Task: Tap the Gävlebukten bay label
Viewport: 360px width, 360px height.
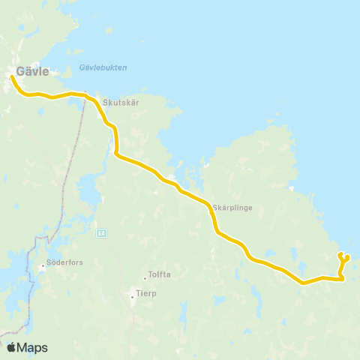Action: pos(103,68)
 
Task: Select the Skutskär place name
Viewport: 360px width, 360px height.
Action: pos(118,106)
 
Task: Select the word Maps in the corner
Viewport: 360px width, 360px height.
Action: pos(34,347)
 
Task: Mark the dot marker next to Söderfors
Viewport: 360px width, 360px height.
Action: pos(43,265)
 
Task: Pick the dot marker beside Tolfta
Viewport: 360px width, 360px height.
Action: pos(145,276)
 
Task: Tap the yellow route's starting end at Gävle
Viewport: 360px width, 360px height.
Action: pos(12,76)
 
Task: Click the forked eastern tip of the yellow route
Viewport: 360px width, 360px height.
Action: pos(343,256)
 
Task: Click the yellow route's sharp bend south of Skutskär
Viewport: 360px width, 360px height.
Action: pos(115,154)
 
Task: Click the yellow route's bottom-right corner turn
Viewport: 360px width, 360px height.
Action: pos(342,279)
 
